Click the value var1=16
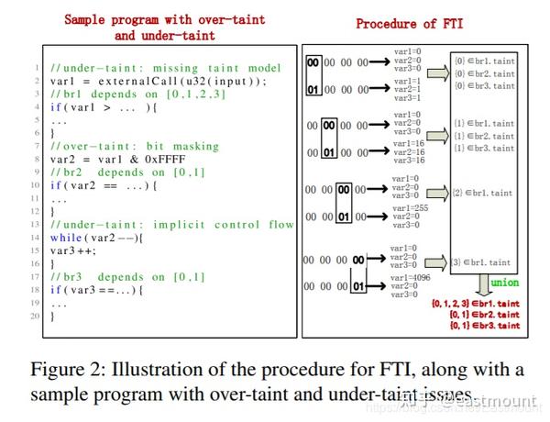407,144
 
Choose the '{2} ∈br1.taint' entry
483,194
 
